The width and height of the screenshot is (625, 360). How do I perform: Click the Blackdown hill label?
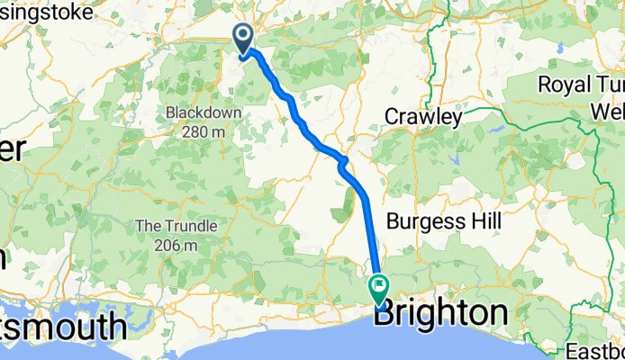coord(195,113)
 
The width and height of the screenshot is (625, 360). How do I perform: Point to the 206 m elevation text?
coord(176,245)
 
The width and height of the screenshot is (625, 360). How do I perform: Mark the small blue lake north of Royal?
coord(560,48)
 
